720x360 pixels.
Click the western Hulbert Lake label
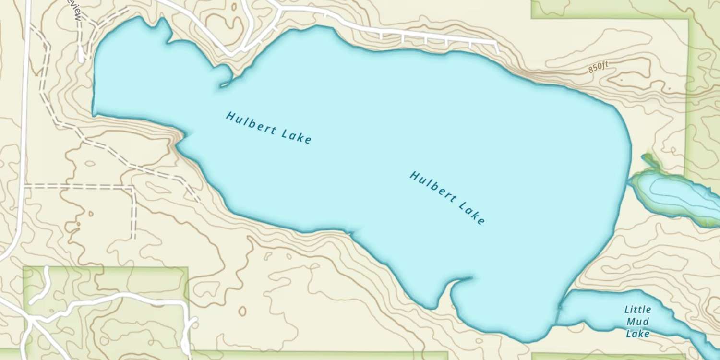point(269,128)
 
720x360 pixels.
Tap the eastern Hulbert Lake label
point(447,197)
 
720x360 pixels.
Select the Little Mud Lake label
point(638,321)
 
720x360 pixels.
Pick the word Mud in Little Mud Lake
point(638,322)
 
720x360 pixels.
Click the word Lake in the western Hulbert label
point(298,137)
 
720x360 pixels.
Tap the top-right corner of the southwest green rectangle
point(187,268)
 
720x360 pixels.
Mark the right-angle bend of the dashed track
point(133,187)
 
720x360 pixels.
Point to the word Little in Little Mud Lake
point(637,310)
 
